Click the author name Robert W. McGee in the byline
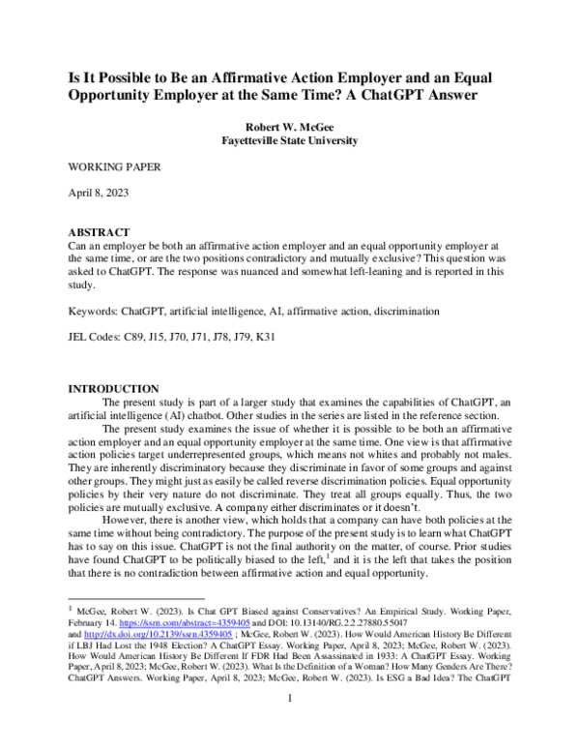291,126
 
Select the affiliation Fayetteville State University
291,140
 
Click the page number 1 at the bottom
289,724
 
